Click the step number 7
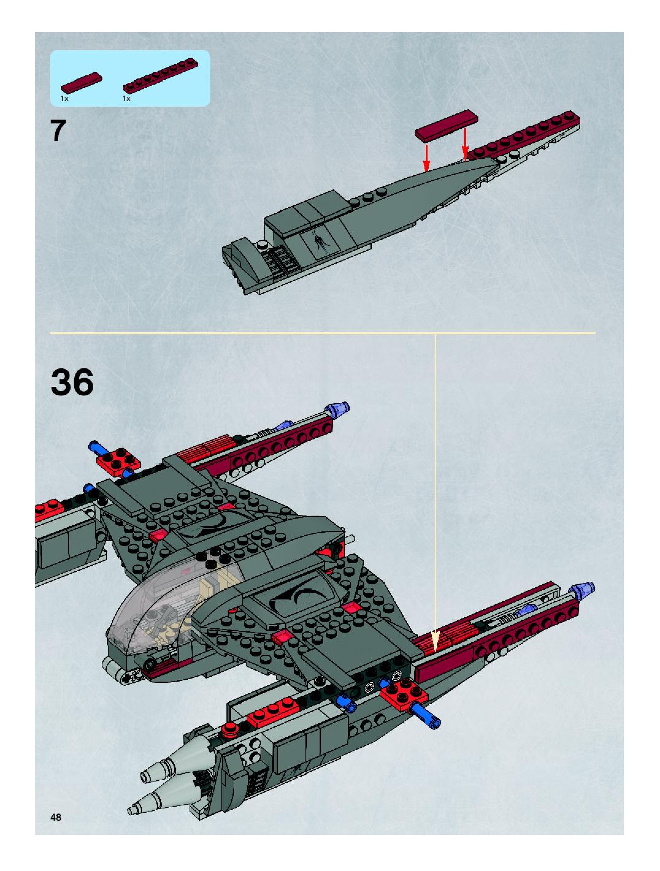pos(58,131)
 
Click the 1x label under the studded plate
pos(126,99)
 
